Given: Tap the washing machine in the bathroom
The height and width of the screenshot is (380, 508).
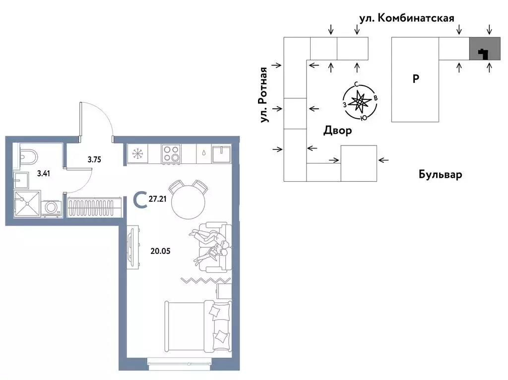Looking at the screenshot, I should [x=51, y=208].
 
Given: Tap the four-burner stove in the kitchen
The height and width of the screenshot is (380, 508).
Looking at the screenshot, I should [x=171, y=153].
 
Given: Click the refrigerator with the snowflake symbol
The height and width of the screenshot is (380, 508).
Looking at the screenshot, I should [x=136, y=153].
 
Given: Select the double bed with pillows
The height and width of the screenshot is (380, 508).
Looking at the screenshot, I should [x=197, y=328].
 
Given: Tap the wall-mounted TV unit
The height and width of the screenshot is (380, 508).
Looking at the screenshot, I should [x=132, y=247].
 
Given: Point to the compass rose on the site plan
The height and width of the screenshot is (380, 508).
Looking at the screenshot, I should [x=359, y=102].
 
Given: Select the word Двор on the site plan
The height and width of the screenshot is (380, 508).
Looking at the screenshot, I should [x=338, y=131].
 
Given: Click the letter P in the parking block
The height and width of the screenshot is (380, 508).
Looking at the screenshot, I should [x=416, y=78].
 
